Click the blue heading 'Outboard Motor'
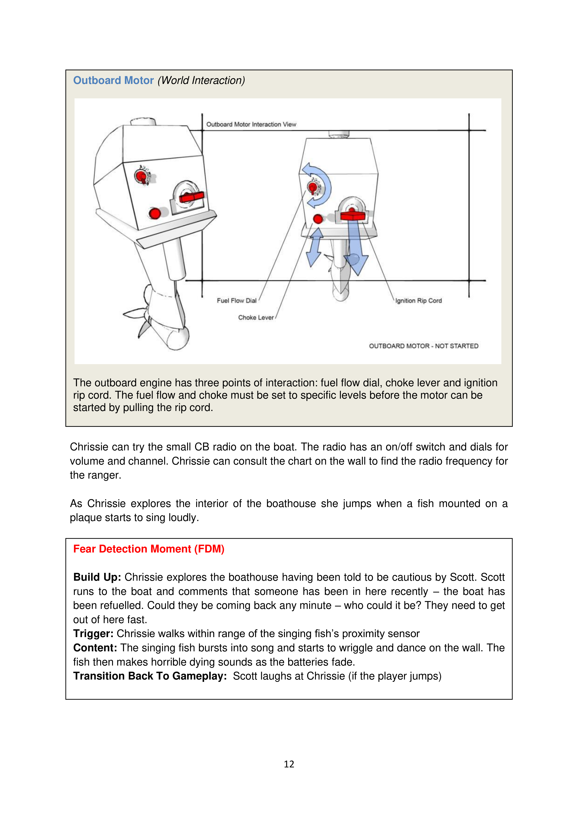point(113,80)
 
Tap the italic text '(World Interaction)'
point(201,80)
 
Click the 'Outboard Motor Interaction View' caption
point(251,124)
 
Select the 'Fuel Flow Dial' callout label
point(236,301)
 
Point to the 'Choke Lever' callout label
point(256,318)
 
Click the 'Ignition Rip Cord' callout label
point(418,301)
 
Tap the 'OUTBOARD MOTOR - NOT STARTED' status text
point(424,346)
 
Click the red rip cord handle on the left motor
point(192,197)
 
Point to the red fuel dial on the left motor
point(142,176)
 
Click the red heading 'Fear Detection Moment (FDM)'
point(148,549)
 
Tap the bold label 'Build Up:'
point(97,577)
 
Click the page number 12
point(289,764)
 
